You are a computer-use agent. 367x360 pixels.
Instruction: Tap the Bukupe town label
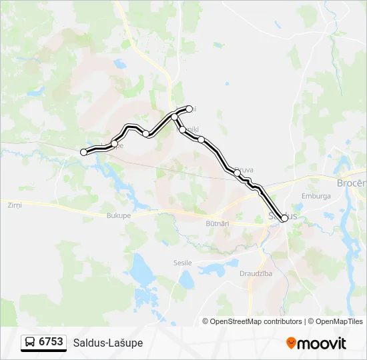click(x=119, y=215)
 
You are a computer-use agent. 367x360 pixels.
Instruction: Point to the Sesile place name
click(x=181, y=263)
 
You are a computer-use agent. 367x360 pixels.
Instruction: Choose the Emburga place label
click(x=316, y=197)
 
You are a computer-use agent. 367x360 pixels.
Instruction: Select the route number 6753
click(x=51, y=342)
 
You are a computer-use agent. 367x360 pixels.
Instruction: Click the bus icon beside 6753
click(x=30, y=343)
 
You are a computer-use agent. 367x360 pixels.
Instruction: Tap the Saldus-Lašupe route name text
click(x=108, y=343)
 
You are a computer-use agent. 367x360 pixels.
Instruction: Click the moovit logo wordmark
click(x=322, y=343)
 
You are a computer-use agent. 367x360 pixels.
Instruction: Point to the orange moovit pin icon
click(x=291, y=343)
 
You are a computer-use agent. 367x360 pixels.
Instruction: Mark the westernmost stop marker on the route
click(x=84, y=153)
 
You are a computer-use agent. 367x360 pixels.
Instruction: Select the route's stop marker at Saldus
click(x=284, y=218)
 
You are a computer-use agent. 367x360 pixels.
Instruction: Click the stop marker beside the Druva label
click(x=237, y=173)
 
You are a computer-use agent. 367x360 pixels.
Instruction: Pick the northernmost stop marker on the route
click(x=190, y=109)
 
